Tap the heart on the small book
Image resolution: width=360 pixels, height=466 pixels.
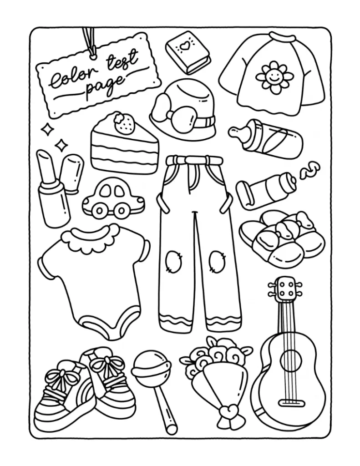click(x=185, y=46)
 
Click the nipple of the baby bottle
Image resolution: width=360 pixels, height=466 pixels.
click(x=238, y=132)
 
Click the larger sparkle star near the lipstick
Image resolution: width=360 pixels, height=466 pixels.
click(x=61, y=146)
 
